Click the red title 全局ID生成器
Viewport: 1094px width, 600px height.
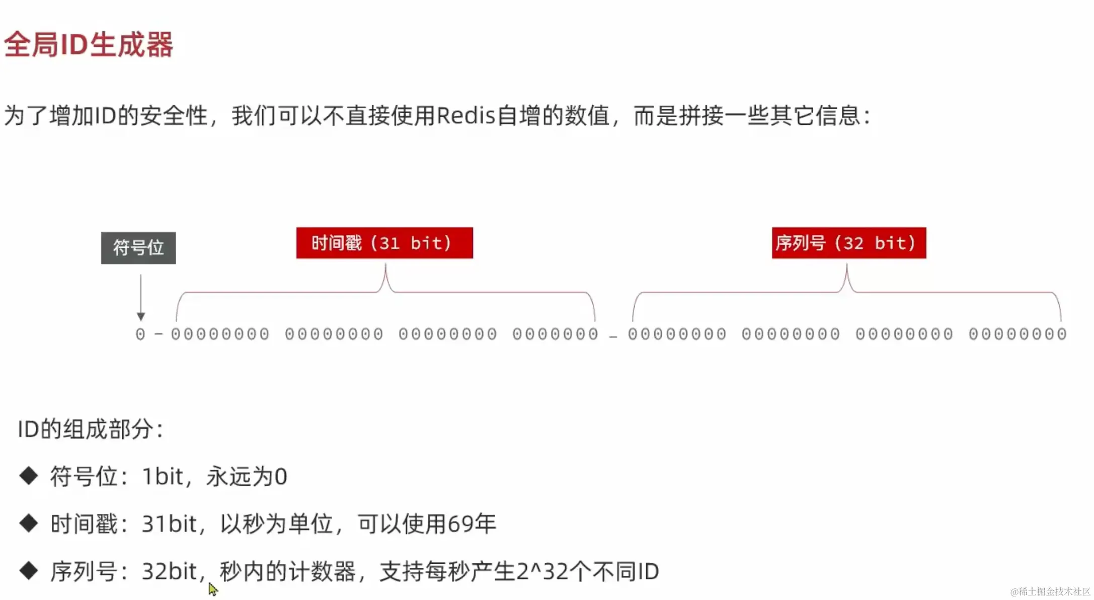click(89, 44)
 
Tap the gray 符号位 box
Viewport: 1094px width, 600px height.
click(138, 248)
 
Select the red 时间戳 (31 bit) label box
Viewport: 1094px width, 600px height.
click(384, 243)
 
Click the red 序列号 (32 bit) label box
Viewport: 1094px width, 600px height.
click(848, 243)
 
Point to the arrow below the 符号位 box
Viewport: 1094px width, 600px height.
click(141, 297)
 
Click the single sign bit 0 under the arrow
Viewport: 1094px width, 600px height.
click(140, 334)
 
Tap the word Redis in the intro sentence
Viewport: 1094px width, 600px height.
click(466, 116)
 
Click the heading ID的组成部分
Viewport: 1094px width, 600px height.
click(91, 429)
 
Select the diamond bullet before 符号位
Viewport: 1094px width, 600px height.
click(29, 476)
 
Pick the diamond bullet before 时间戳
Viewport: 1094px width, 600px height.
click(29, 523)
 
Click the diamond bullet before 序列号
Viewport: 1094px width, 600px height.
click(29, 571)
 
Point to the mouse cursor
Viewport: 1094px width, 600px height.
click(212, 588)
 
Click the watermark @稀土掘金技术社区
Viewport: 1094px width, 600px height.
click(1050, 591)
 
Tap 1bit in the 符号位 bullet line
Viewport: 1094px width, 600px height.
click(163, 477)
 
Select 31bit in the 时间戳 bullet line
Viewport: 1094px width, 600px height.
click(169, 524)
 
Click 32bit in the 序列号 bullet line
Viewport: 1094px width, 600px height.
click(169, 571)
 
